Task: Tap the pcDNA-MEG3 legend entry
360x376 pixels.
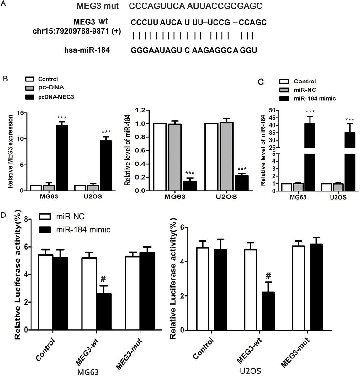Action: pyautogui.click(x=56, y=97)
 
